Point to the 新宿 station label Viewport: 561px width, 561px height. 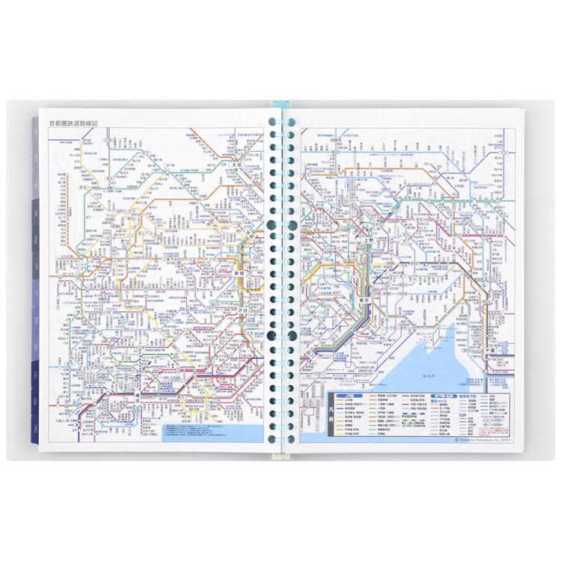[239, 275]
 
